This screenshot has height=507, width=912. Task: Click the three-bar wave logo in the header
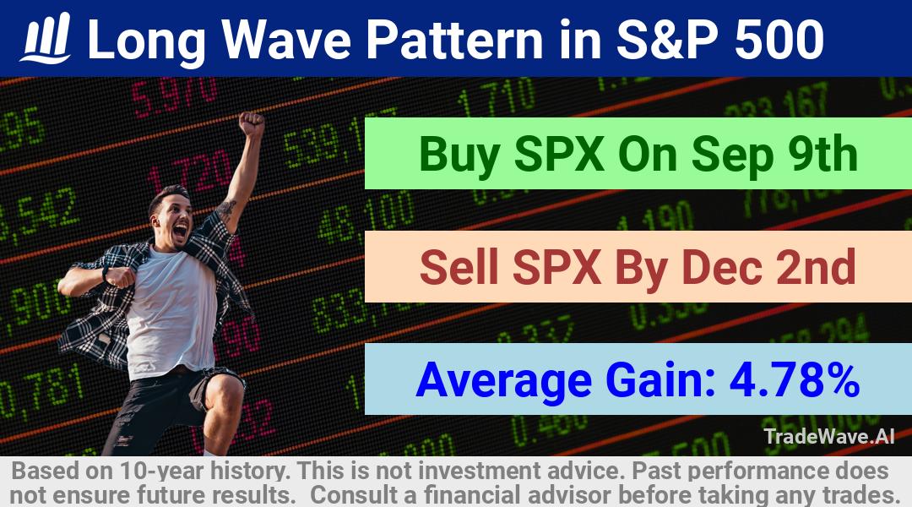[46, 38]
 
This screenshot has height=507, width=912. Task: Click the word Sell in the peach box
[459, 267]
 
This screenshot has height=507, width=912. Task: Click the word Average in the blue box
[503, 379]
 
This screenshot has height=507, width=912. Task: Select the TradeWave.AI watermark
[829, 436]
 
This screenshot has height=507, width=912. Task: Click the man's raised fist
[252, 124]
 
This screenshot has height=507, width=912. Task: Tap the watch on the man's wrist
[106, 274]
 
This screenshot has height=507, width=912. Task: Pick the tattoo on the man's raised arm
[225, 208]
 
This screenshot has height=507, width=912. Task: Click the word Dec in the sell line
[721, 267]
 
